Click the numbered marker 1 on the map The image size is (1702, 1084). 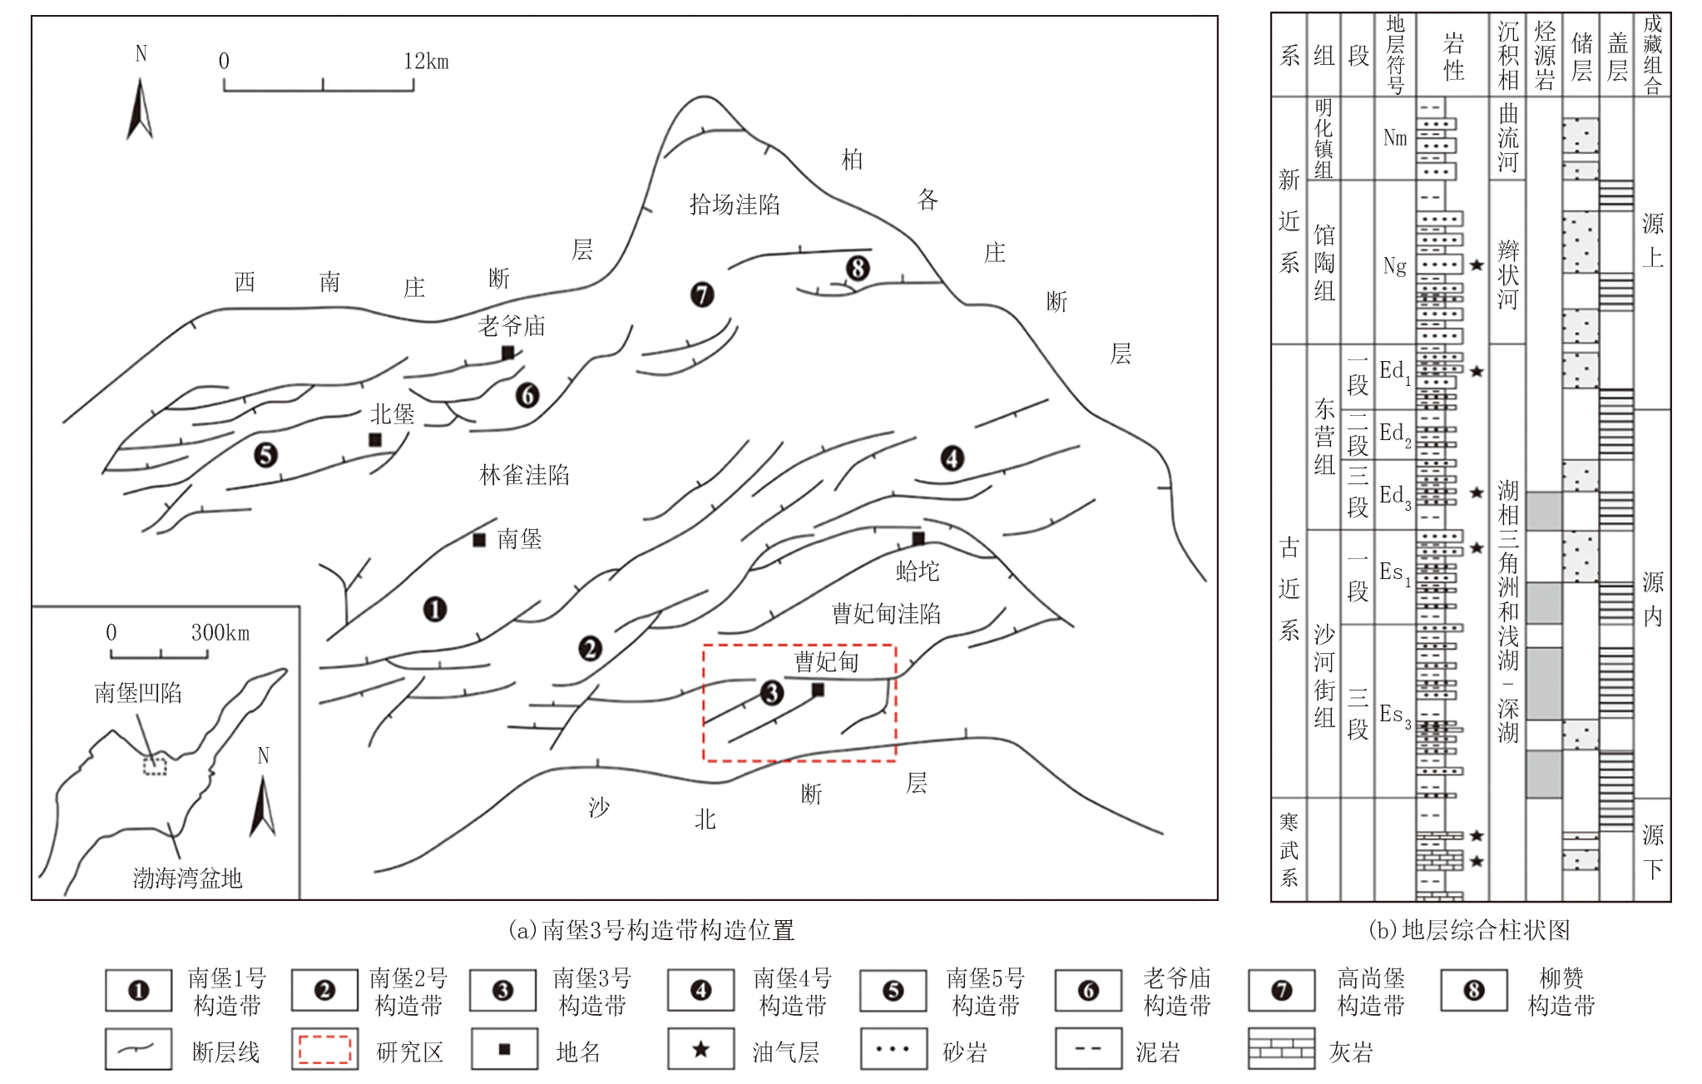(435, 610)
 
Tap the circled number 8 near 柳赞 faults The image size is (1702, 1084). (858, 269)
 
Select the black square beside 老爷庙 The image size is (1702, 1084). (507, 353)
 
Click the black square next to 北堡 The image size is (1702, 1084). (375, 439)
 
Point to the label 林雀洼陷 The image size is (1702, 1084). (524, 475)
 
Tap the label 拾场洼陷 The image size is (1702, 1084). (735, 205)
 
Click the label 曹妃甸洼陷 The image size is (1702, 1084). (887, 614)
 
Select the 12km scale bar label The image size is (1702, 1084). (426, 61)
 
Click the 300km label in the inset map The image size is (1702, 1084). (220, 633)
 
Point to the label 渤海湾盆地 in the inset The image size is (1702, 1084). (188, 879)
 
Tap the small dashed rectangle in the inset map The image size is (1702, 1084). (155, 765)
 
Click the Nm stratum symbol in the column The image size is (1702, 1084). (1395, 138)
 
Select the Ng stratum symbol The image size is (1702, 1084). (1395, 266)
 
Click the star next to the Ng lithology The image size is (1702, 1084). (1477, 265)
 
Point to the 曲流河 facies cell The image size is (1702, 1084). (1508, 138)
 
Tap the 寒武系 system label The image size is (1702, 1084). (1289, 850)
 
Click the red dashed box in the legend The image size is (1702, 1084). (324, 1050)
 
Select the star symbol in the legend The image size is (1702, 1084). (701, 1049)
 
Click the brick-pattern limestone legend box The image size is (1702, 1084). (1282, 1049)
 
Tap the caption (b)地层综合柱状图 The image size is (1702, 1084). (1470, 930)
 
